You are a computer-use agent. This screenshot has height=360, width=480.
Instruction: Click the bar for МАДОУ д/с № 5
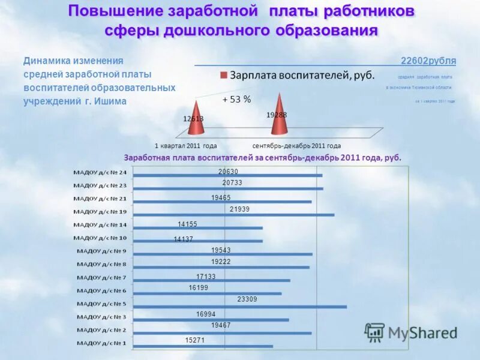point(240,307)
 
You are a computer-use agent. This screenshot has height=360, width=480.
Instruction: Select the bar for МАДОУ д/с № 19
point(234,214)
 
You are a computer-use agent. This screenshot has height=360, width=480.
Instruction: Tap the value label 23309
point(247,299)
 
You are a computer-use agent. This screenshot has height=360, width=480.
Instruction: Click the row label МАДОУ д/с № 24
point(100,172)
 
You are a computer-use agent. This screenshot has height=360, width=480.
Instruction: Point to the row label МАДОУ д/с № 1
point(100,343)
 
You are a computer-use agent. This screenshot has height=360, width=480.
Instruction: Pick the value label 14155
point(187,224)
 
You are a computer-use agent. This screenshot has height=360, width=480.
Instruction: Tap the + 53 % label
point(236,100)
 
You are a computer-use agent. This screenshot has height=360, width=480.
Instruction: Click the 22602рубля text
point(428,61)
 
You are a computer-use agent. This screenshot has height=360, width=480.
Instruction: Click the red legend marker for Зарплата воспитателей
point(224,76)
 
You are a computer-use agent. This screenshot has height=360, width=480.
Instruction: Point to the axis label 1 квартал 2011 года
point(185,146)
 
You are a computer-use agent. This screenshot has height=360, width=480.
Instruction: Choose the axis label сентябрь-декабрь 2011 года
point(296,146)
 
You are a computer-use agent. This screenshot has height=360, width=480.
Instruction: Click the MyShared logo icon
point(375,332)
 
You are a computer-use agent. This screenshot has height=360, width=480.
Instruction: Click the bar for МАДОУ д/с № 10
point(198,241)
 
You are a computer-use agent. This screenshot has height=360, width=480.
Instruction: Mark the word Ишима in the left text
point(113,101)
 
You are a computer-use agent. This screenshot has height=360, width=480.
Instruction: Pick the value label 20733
point(232,182)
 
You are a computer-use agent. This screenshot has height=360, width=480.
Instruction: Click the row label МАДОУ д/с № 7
point(101,277)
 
